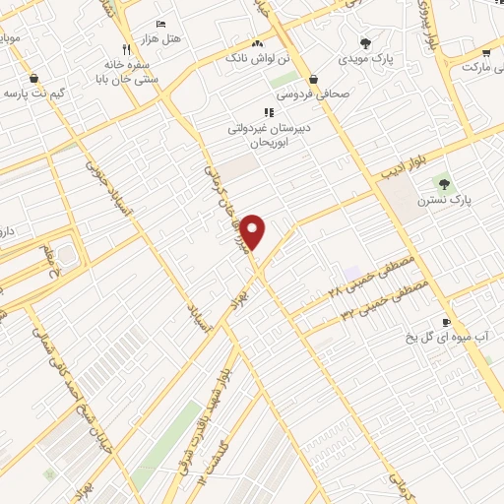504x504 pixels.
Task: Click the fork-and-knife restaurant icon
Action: (x=126, y=49)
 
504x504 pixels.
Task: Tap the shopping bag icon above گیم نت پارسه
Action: (x=35, y=78)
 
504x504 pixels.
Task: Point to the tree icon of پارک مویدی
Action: (x=366, y=43)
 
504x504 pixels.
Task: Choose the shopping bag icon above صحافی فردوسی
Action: (x=313, y=79)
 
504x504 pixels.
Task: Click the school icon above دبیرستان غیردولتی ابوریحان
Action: (x=269, y=112)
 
